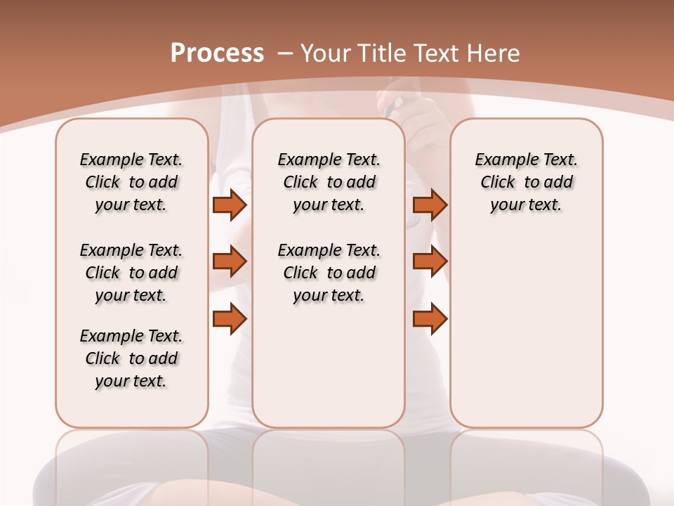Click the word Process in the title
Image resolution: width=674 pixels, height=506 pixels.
click(217, 53)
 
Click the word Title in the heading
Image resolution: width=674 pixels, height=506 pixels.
click(383, 53)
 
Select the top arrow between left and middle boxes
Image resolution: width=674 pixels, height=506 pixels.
click(230, 205)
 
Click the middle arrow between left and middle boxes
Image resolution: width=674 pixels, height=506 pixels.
click(230, 261)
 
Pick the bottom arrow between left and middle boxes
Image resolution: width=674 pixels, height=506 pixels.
click(230, 319)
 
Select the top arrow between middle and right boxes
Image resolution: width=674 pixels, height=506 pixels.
click(430, 205)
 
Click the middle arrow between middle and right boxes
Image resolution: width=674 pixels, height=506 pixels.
click(430, 261)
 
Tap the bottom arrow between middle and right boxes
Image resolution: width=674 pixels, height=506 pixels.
click(430, 319)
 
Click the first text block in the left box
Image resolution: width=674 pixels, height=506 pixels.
click(131, 182)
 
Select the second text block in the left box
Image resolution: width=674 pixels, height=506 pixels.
click(131, 273)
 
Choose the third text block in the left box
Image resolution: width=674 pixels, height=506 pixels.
click(131, 358)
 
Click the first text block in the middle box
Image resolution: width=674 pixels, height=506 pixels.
click(329, 182)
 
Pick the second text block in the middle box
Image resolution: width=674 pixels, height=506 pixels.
click(329, 273)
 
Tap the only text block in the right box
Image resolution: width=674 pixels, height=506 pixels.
click(526, 182)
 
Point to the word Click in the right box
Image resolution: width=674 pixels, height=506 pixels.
click(498, 182)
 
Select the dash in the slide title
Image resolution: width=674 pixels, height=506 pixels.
click(284, 53)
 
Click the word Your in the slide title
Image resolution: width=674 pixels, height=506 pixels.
click(326, 53)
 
